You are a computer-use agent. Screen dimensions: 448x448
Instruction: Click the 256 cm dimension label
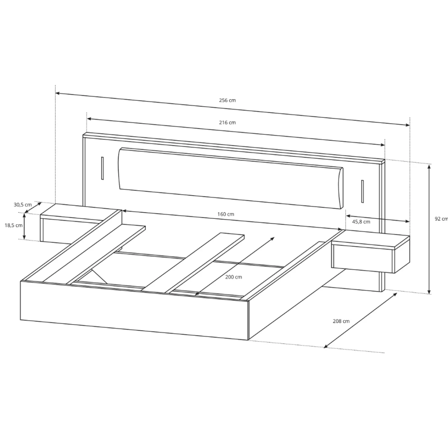(227, 100)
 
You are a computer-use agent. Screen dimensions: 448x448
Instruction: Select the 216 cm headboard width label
(227, 122)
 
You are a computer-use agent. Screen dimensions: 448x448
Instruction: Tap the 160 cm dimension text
(226, 214)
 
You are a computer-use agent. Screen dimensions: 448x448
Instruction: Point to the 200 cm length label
(234, 277)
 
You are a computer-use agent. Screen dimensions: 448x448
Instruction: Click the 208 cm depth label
(341, 321)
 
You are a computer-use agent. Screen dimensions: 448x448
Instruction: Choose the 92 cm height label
(441, 219)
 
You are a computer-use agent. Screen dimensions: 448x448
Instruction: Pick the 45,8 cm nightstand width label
(361, 222)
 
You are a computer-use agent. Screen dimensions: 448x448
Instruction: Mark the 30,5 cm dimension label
(23, 205)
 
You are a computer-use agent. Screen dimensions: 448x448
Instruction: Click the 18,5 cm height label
(13, 225)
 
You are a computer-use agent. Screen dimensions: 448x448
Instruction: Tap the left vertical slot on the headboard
(102, 168)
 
